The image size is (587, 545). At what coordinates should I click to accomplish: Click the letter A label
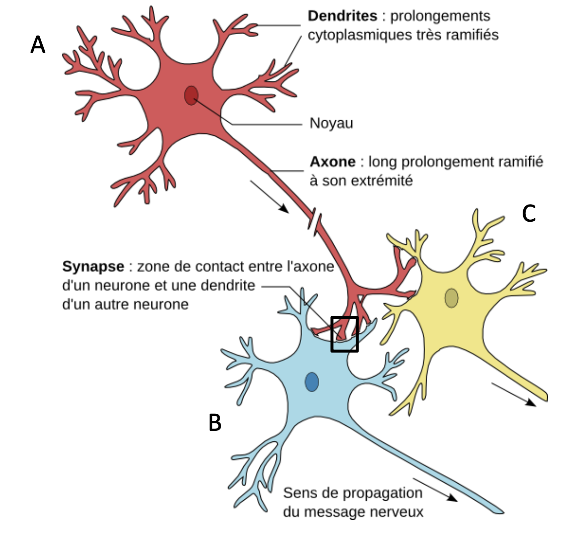(38, 45)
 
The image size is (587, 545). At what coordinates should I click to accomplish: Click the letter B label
(215, 423)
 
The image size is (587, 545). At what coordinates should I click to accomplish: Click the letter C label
(529, 214)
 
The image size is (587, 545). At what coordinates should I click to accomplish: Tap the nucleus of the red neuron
(191, 95)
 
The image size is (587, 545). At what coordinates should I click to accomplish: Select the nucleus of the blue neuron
(312, 382)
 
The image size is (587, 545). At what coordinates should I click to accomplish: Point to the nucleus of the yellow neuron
(451, 298)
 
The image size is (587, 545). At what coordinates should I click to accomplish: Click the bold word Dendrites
(342, 16)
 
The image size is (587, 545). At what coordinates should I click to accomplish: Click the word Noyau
(331, 123)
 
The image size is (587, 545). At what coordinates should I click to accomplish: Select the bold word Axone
(332, 162)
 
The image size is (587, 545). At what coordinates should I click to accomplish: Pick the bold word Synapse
(93, 266)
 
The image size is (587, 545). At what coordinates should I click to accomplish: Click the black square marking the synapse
(344, 334)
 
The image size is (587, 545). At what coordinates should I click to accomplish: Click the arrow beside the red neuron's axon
(269, 196)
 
